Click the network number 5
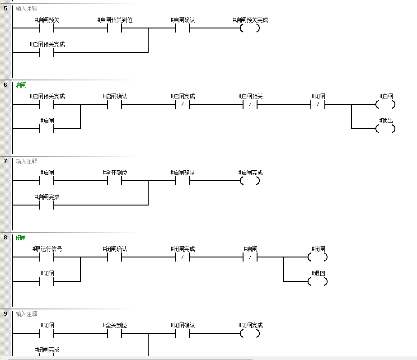pos(5,8)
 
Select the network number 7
pos(5,161)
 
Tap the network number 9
pos(5,313)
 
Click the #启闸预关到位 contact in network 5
pos(114,28)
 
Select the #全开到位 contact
pos(114,181)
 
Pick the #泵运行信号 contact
pos(47,257)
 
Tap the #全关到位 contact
pos(114,333)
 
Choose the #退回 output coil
pos(318,281)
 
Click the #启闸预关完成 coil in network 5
pos(250,28)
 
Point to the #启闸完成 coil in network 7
pos(250,181)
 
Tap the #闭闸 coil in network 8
pos(318,257)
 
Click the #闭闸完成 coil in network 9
pos(250,333)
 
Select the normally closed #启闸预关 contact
pos(250,104)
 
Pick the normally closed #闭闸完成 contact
pos(182,257)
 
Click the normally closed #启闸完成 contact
pos(182,104)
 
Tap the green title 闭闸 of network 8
pos(21,238)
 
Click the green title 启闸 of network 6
pos(21,85)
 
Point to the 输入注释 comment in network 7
pos(26,161)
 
